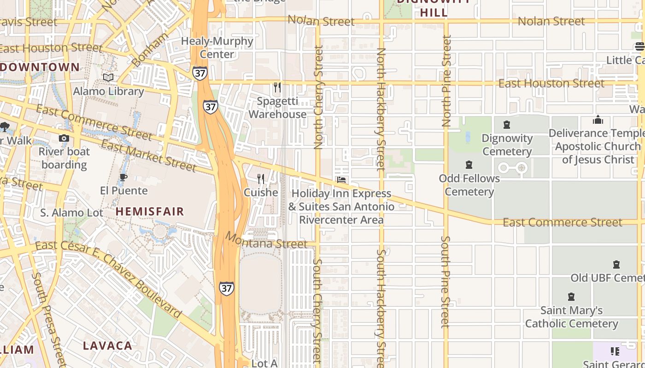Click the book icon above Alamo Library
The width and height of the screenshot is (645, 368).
click(108, 77)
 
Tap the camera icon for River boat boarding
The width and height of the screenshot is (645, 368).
click(64, 138)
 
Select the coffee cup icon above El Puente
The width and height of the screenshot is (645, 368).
click(123, 177)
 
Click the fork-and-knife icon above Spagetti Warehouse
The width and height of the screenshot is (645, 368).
click(277, 87)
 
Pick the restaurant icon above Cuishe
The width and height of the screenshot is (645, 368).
click(261, 178)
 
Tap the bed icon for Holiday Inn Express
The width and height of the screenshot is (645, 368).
click(341, 180)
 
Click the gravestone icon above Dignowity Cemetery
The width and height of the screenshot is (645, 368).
click(507, 125)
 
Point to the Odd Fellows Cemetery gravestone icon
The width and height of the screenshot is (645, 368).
click(469, 164)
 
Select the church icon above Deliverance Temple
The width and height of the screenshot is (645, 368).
click(598, 120)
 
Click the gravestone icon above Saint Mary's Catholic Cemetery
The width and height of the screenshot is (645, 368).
click(571, 297)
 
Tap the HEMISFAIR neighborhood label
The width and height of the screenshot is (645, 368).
click(150, 212)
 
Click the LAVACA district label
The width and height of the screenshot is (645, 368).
click(107, 345)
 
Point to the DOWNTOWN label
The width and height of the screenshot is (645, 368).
click(40, 67)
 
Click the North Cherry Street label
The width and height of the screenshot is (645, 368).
click(318, 97)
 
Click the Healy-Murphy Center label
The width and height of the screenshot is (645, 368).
click(217, 47)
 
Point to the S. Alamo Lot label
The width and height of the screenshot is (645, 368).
click(71, 213)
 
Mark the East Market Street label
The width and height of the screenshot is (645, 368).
click(148, 155)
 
